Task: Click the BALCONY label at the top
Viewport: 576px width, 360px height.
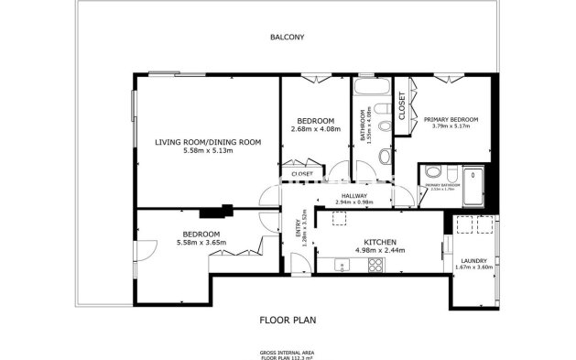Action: point(287,38)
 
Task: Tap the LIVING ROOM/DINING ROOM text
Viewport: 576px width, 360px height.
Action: point(208,142)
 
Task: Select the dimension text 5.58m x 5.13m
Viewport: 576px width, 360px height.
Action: point(208,150)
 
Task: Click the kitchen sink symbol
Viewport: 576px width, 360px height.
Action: point(342,265)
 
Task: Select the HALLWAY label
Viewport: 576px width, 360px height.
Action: point(354,195)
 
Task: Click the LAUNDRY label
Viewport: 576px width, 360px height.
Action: point(473,260)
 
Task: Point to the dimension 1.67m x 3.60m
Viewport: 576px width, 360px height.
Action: point(473,267)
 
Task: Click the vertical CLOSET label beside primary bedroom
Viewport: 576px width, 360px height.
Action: point(401,108)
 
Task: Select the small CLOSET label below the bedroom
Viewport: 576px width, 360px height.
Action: point(302,173)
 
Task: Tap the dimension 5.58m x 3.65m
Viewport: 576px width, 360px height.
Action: point(200,242)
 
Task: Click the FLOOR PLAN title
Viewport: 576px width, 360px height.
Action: point(287,320)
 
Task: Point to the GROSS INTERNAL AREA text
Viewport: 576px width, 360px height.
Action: point(287,351)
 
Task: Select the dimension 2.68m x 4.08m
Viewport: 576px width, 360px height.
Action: point(315,129)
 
